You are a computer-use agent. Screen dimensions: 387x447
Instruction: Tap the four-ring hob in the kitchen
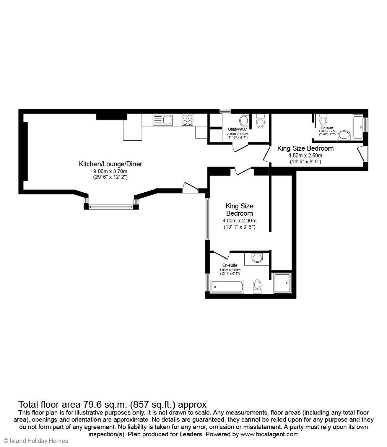[x=187, y=120]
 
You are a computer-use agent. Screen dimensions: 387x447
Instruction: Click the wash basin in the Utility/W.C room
[x=244, y=121]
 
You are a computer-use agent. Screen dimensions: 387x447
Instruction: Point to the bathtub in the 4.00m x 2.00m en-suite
[x=227, y=287]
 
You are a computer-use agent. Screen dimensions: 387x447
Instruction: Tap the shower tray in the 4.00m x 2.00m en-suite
[x=282, y=283]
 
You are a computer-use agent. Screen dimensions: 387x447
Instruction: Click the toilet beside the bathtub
[x=257, y=286]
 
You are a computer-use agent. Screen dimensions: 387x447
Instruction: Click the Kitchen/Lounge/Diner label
[x=110, y=164]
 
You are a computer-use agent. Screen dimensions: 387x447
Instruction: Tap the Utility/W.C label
[x=237, y=129]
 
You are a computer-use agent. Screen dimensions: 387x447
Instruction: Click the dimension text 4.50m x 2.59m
[x=305, y=156]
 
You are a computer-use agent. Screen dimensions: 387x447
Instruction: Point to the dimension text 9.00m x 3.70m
[x=110, y=171]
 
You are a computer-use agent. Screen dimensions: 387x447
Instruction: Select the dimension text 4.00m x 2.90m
[x=239, y=221]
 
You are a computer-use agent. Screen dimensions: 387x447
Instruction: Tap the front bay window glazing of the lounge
[x=111, y=207]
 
